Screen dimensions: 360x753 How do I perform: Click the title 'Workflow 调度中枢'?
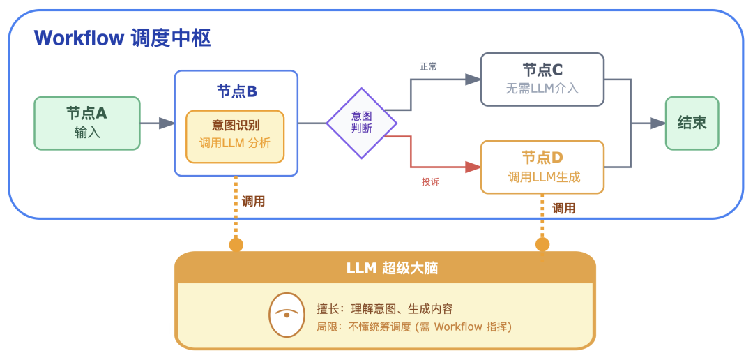point(122,38)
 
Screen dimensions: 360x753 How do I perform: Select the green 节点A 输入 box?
point(87,123)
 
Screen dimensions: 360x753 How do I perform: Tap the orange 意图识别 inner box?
point(235,136)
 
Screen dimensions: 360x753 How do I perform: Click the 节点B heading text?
point(237,91)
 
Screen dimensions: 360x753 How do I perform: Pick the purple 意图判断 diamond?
point(362,123)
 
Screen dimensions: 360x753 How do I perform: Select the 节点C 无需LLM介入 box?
point(542,79)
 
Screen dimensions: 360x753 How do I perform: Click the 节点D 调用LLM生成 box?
point(542,167)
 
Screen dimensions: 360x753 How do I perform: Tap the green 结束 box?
point(692,123)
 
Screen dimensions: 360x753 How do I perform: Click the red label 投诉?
point(430,182)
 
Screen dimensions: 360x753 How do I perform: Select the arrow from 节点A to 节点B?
point(157,123)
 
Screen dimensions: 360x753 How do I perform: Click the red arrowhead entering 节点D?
point(473,167)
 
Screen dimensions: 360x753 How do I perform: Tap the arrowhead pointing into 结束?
point(657,123)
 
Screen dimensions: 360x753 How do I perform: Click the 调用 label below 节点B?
point(253,202)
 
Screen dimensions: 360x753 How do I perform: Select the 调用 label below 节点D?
point(563,208)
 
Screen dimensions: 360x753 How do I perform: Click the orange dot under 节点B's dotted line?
point(236,244)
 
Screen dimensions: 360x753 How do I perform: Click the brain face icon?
point(287,316)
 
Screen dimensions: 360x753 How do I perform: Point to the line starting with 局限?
point(414,327)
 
